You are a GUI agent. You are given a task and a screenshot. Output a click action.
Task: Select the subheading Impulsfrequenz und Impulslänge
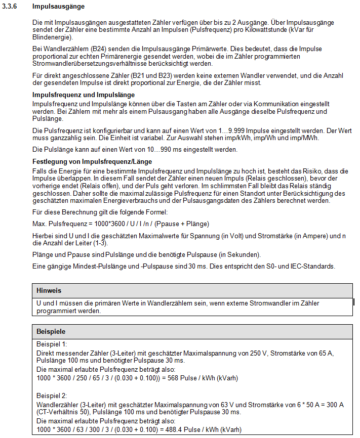click(x=83, y=95)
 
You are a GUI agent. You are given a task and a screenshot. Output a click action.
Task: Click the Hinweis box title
click(x=48, y=291)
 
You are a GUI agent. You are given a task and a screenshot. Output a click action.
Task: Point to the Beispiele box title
click(x=51, y=332)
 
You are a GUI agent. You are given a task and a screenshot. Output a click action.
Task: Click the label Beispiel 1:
click(x=52, y=344)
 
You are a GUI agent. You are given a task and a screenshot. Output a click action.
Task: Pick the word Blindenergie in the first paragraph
click(x=51, y=37)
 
